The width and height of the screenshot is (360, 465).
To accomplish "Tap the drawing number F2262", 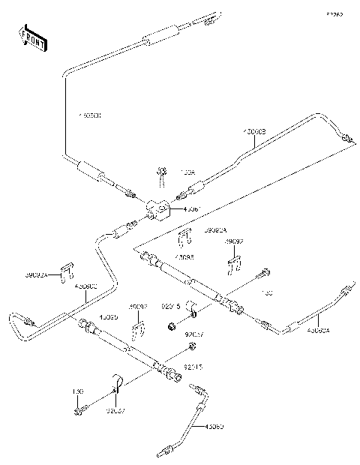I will [334, 14].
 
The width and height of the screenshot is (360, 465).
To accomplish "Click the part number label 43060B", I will [253, 132].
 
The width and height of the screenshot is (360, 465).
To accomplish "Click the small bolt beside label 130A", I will [161, 177].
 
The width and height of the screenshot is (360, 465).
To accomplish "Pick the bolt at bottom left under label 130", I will [79, 410].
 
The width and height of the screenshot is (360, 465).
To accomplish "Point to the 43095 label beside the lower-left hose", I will [109, 317].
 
